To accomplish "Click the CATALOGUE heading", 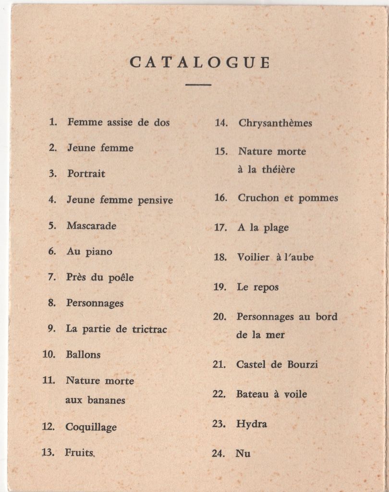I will tap(200, 62).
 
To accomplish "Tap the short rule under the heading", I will tap(198, 85).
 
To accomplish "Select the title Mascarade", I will tap(91, 225).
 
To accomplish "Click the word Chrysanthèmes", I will tap(275, 123).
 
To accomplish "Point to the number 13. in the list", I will tap(48, 452).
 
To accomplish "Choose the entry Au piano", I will tap(89, 251).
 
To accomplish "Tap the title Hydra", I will tap(251, 424).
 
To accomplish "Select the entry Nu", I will tap(243, 453).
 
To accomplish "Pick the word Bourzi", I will tap(303, 364).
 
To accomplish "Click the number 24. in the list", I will tap(219, 453).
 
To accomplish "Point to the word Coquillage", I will tap(91, 427).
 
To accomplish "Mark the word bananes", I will tap(106, 400).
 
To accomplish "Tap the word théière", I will tap(279, 170).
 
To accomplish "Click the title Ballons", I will tap(83, 355).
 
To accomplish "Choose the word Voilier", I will tap(253, 258).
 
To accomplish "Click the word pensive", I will tap(155, 200).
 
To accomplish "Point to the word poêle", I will tap(121, 278).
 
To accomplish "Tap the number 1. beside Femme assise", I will tap(53, 122).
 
